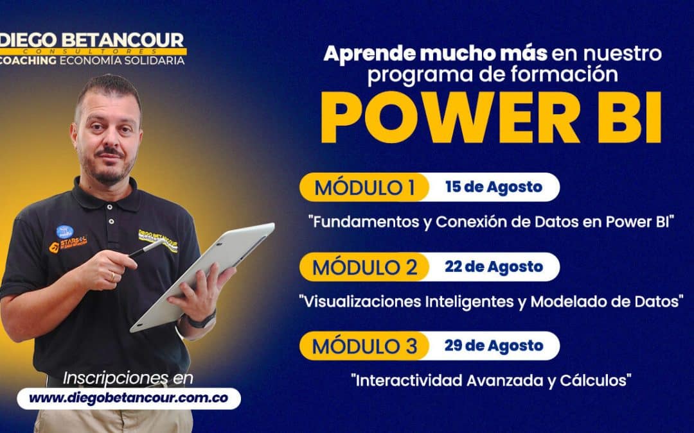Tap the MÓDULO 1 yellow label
click(364, 187)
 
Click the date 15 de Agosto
click(494, 187)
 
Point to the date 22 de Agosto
click(494, 267)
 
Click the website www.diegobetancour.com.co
click(129, 398)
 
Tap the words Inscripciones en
click(128, 377)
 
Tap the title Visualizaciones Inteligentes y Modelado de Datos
click(492, 301)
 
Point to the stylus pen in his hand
click(144, 249)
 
